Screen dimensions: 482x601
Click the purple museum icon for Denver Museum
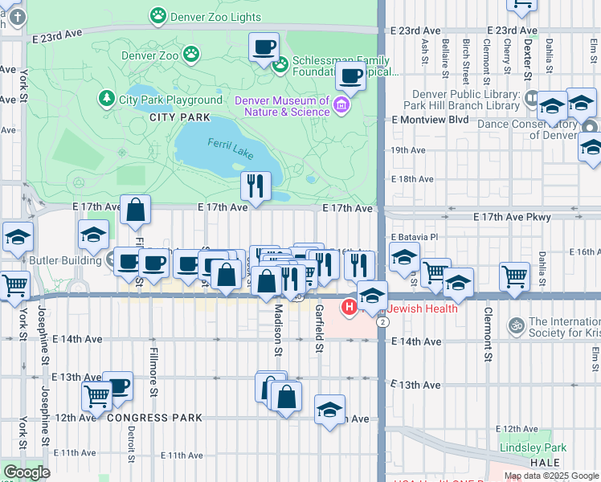tap(341, 105)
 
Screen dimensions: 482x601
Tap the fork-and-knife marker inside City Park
tap(256, 186)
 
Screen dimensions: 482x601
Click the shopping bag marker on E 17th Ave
tap(136, 210)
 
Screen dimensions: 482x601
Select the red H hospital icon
tap(350, 307)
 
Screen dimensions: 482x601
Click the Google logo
tap(26, 472)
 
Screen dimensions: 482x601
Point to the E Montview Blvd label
tap(430, 119)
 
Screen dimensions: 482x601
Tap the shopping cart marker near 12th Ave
tap(96, 395)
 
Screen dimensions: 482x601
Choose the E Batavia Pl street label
tap(415, 238)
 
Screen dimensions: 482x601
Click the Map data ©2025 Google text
tap(550, 476)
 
